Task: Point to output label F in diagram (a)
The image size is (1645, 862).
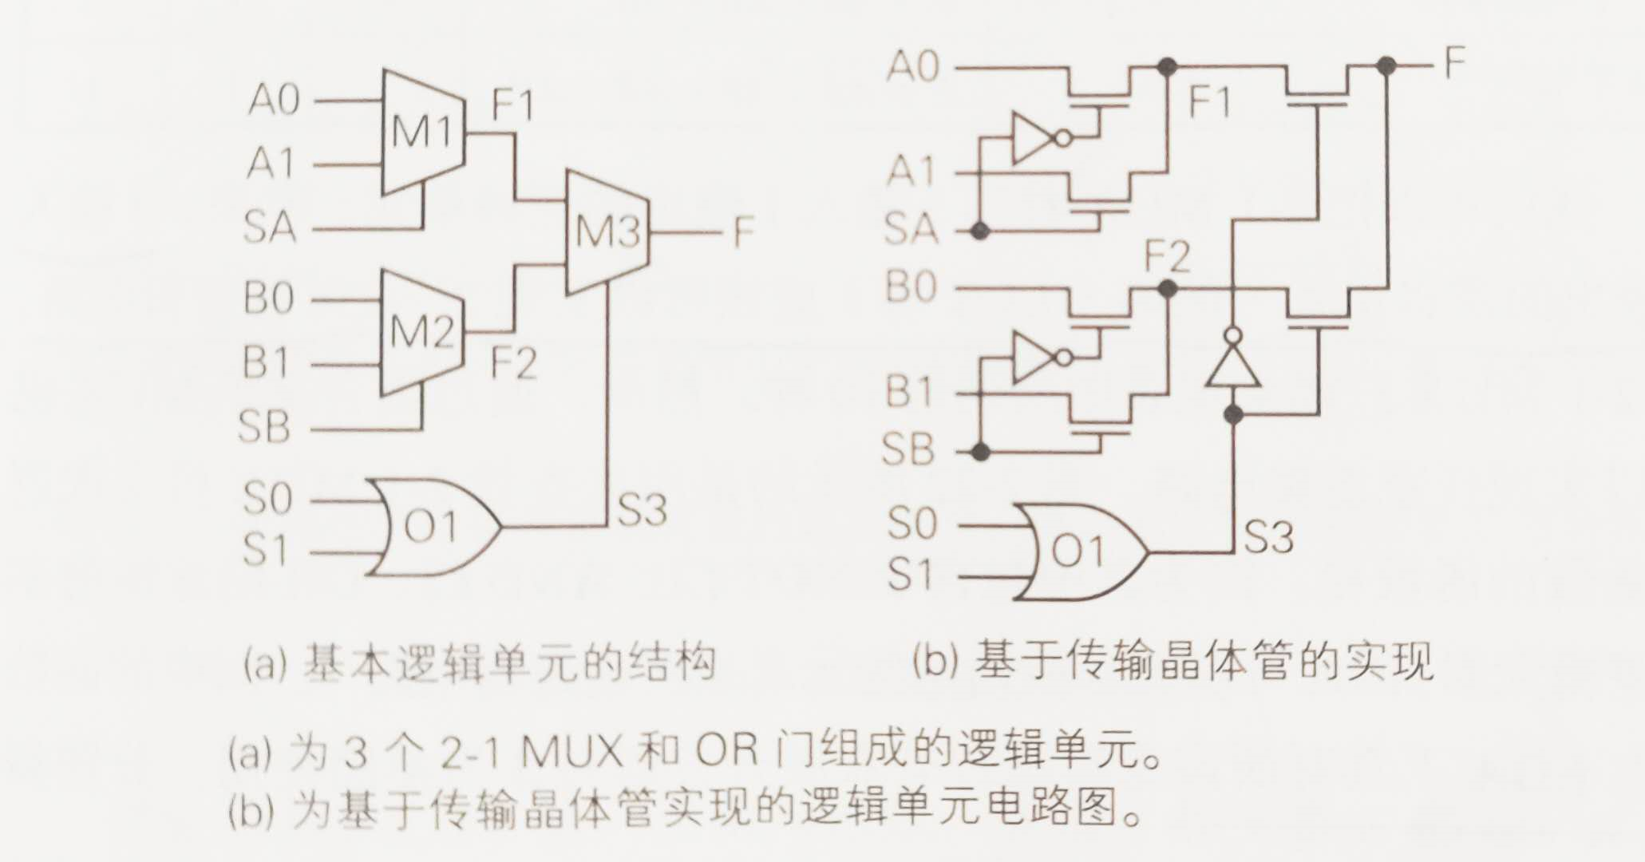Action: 743,232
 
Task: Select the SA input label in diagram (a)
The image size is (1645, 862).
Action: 270,227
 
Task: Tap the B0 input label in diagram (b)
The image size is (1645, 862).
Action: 911,287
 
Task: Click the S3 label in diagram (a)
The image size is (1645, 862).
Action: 642,509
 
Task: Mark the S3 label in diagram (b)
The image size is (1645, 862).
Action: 1267,536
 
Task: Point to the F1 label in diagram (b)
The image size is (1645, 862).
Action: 1210,102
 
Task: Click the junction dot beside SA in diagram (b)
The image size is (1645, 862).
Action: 981,231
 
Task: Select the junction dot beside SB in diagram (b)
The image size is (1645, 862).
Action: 981,453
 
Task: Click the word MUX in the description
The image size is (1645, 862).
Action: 571,753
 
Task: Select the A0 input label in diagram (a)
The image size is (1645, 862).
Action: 274,101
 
